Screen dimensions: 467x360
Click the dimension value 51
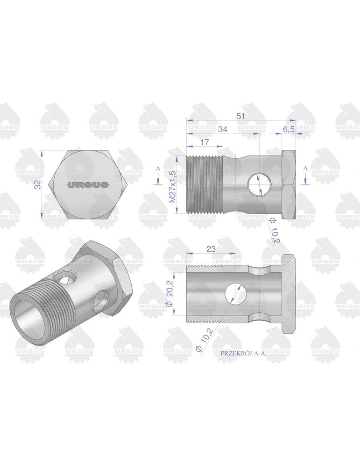tap(240, 116)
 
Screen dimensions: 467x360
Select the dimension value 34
tap(222, 129)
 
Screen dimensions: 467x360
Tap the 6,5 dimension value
tap(289, 129)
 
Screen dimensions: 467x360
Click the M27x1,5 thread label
tap(172, 186)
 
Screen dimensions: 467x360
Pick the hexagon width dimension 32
tap(38, 184)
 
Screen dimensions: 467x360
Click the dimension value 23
tap(211, 249)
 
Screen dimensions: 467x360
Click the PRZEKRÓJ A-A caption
tap(242, 354)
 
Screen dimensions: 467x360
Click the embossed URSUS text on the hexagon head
tap(88, 185)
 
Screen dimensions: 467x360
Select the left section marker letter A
tap(158, 168)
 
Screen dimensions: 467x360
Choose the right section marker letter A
tap(305, 168)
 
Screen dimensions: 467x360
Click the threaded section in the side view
tap(205, 184)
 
